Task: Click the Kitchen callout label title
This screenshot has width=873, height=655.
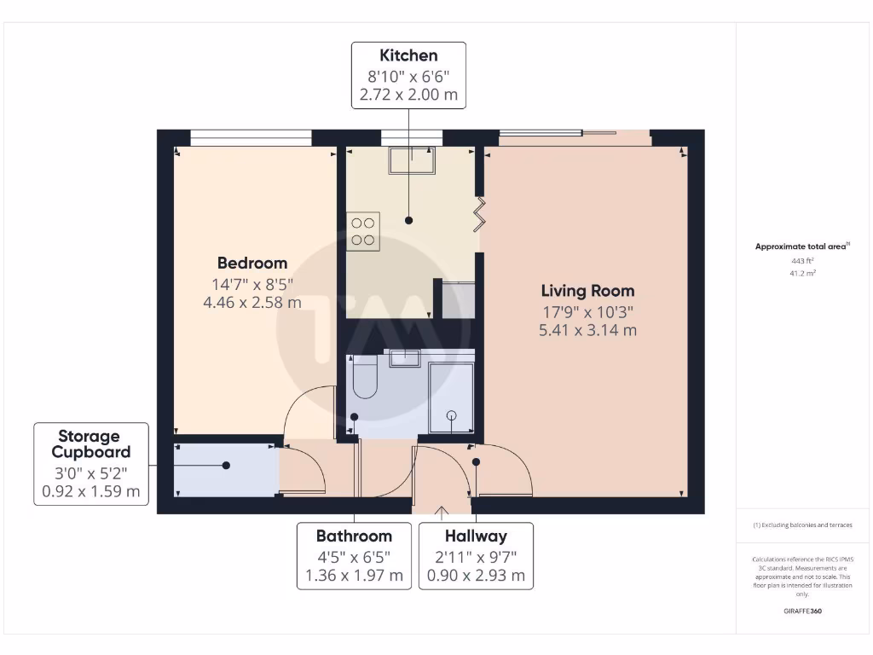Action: click(408, 55)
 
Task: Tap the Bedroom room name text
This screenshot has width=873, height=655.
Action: click(251, 263)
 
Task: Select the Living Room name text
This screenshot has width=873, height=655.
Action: click(587, 291)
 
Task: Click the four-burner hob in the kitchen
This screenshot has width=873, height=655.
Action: click(363, 230)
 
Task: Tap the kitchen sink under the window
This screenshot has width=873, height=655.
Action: click(412, 159)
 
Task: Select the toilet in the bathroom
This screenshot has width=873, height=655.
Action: click(364, 378)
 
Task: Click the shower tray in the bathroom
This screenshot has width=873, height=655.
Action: click(451, 397)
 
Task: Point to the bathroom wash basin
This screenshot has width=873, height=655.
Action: click(405, 357)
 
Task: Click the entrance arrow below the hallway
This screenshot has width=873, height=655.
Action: click(441, 513)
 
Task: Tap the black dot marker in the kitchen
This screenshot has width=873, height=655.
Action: click(408, 221)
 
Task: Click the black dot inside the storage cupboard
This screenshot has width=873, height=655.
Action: click(226, 466)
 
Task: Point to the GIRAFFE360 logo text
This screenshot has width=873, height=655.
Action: click(802, 611)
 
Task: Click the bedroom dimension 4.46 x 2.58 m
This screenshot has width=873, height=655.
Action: click(251, 302)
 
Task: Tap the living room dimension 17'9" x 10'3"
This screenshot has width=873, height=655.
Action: click(587, 311)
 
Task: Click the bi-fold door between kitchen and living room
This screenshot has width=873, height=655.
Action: click(480, 214)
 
